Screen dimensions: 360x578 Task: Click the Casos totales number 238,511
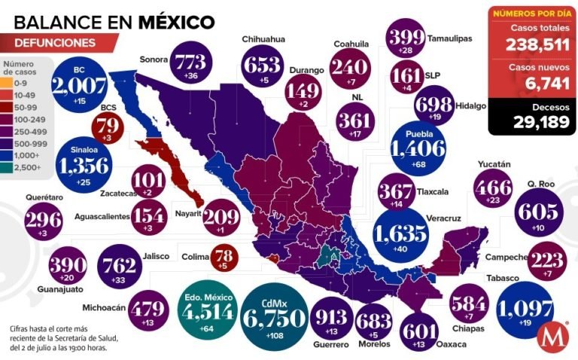530,45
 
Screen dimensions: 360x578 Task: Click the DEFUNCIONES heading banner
56,43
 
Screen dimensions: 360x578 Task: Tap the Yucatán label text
494,164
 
